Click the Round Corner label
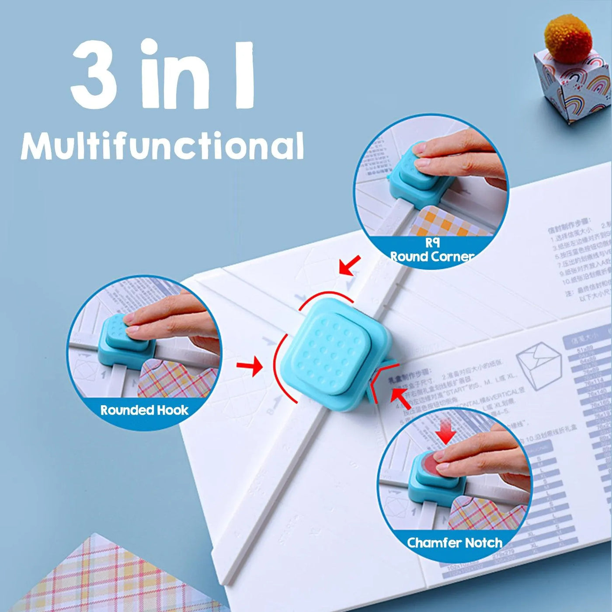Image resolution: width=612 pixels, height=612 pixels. (x=432, y=257)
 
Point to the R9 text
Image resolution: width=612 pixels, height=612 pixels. (x=432, y=243)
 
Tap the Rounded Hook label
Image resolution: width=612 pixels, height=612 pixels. (x=144, y=410)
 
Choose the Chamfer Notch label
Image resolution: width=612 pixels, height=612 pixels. (x=454, y=542)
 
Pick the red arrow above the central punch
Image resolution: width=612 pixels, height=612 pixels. (x=350, y=265)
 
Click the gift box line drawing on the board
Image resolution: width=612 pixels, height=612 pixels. (x=538, y=365)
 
